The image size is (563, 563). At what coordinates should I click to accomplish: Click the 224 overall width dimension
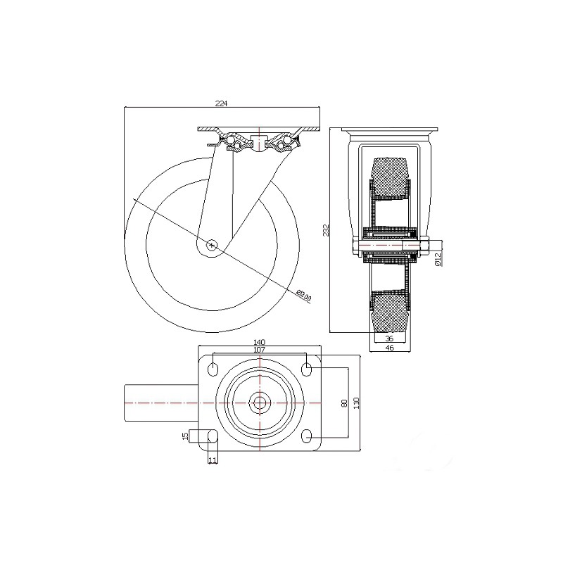222,103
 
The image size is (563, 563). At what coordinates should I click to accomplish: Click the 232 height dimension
326,230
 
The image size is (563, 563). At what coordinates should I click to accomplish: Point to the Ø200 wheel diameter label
305,295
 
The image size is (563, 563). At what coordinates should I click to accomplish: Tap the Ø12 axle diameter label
438,259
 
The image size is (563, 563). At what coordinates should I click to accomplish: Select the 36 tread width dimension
389,339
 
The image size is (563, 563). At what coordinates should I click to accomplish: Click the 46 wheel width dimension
389,348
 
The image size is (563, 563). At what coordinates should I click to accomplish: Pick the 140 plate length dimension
259,342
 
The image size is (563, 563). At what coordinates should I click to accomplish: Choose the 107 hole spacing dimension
259,350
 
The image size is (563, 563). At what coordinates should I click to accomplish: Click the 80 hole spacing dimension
345,403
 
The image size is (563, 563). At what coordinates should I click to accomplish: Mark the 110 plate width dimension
355,403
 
